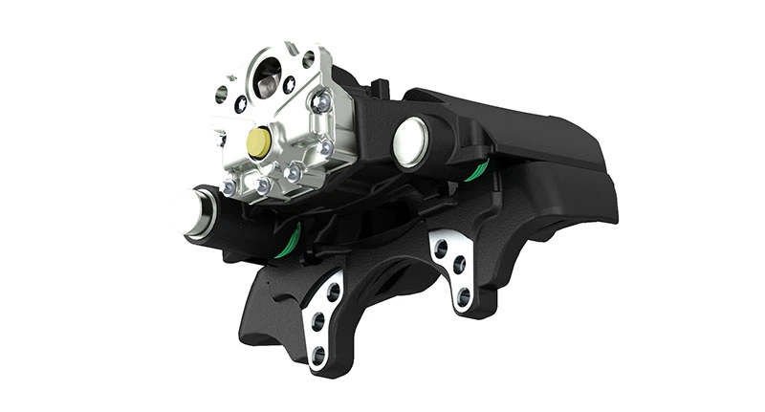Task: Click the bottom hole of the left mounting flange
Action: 318,356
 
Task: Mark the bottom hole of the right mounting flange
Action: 464,296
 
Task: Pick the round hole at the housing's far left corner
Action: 222,93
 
